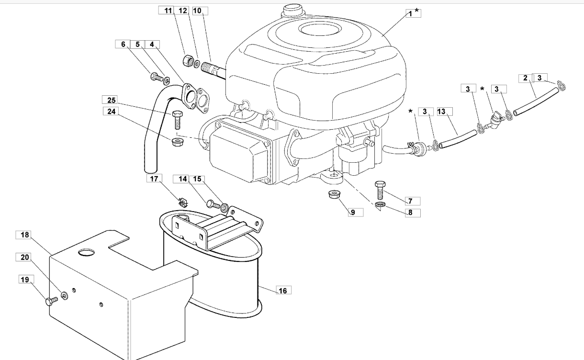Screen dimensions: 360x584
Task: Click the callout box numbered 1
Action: tap(410, 14)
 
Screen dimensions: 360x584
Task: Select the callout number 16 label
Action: tap(283, 290)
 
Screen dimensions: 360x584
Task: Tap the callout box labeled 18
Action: tap(25, 235)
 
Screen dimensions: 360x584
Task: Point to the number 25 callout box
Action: tap(111, 100)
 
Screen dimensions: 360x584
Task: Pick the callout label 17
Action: tap(154, 179)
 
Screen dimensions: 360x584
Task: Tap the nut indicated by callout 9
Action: tap(331, 195)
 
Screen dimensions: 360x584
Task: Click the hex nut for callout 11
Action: tap(188, 60)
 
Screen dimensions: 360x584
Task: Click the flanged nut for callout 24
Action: tap(175, 142)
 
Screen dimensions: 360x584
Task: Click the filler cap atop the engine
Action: tap(291, 9)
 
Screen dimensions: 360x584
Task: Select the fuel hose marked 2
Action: tap(536, 101)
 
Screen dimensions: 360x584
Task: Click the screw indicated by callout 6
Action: tap(156, 76)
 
